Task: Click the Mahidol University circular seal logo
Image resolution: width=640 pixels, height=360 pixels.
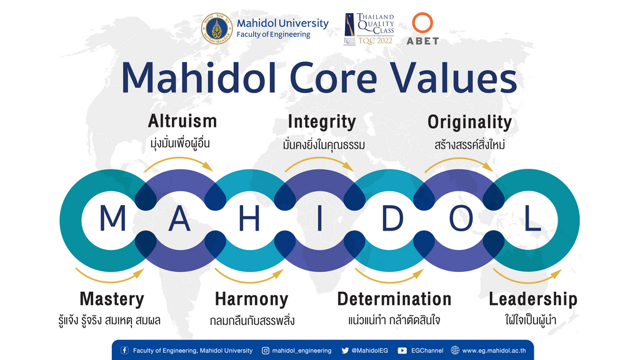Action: coord(217,29)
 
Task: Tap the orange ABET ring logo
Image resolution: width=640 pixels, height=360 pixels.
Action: coord(422,23)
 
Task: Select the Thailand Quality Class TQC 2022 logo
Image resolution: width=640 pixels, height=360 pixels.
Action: coord(369,29)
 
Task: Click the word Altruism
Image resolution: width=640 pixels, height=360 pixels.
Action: coord(182,121)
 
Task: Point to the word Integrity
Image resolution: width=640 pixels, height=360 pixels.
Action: coord(322,122)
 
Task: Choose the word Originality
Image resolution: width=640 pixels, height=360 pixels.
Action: coord(469,122)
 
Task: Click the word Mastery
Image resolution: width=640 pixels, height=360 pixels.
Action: coord(112,299)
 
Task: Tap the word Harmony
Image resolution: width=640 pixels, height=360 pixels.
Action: coord(251,299)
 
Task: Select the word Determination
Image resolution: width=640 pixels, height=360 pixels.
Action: coord(394,299)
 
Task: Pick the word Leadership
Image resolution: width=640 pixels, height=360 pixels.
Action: coord(533,299)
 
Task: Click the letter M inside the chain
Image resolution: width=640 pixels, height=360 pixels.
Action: coord(112,218)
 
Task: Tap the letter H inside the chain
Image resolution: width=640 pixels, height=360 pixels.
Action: coord(249,218)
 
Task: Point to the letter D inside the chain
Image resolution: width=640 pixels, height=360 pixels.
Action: coord(392,218)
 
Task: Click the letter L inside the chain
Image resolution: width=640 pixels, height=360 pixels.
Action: coord(532,218)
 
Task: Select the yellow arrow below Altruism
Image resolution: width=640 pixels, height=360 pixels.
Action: coord(179,159)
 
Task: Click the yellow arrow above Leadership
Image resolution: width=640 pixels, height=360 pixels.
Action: coord(527,279)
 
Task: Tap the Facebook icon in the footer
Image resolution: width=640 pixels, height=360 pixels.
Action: coord(124,350)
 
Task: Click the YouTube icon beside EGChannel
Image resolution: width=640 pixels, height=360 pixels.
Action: coord(402,351)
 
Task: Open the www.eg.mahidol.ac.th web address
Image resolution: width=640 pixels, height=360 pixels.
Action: coord(494,351)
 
